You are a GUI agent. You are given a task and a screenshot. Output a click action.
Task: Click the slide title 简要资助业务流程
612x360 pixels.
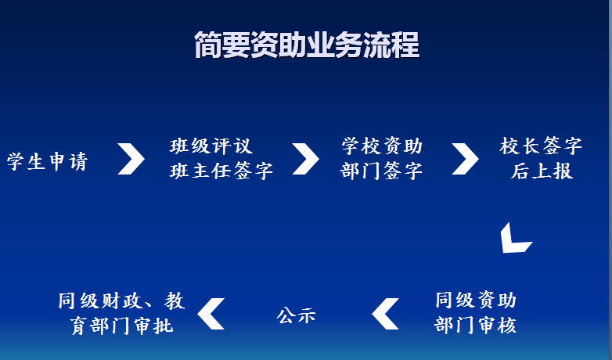(x=307, y=45)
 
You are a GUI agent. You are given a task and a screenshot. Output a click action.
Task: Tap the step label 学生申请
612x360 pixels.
(x=48, y=161)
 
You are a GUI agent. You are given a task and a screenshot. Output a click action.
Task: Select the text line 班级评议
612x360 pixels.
(x=211, y=146)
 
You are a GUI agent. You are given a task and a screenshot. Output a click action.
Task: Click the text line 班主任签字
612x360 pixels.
(x=221, y=171)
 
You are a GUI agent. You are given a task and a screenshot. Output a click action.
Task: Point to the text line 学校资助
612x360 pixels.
(x=382, y=146)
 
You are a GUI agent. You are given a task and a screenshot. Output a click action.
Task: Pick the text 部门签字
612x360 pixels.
(x=381, y=171)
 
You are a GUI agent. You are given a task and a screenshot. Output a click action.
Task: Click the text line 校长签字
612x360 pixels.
(x=541, y=146)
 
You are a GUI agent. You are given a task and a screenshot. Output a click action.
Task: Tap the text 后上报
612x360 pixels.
(x=542, y=171)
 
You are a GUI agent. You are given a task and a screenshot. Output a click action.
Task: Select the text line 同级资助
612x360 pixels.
(x=476, y=300)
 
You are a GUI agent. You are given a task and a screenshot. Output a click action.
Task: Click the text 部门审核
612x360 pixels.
(x=475, y=325)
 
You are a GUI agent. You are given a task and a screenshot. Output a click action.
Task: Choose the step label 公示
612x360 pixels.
(x=297, y=315)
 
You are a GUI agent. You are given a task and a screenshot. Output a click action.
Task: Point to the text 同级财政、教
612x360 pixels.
(x=121, y=301)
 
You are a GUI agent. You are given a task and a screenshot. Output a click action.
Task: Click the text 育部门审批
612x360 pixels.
(x=121, y=326)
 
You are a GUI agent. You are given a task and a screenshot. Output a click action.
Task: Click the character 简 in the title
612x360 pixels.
(x=208, y=45)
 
